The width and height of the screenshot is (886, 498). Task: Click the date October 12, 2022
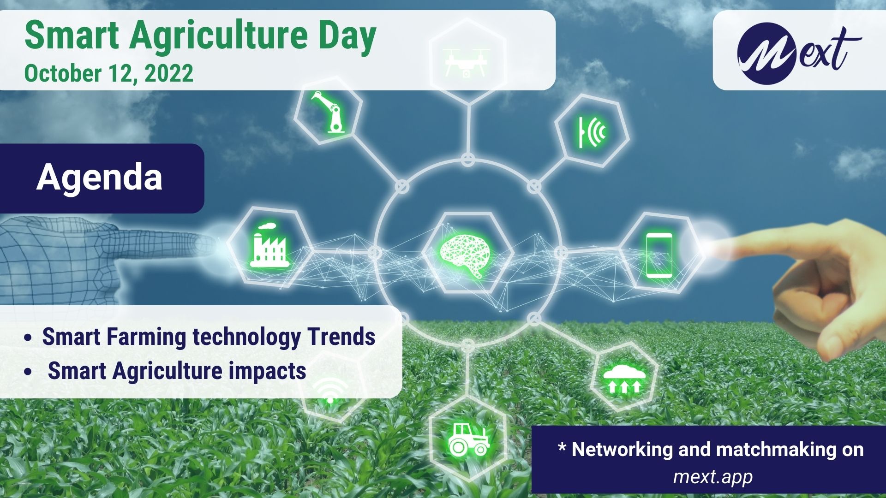click(x=109, y=73)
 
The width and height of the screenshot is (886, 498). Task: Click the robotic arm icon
click(x=329, y=112)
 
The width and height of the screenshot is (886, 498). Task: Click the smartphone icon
click(x=659, y=255)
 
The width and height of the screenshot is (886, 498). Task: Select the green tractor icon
click(x=469, y=439)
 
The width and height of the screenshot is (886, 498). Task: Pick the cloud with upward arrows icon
click(x=623, y=379)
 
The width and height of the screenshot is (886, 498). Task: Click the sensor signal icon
click(x=593, y=131)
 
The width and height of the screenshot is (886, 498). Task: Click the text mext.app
click(x=713, y=477)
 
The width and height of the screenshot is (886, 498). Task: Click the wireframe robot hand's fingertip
click(x=216, y=243)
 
